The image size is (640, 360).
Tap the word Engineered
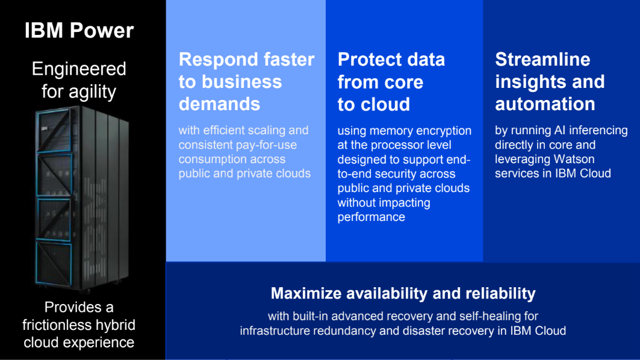pyautogui.click(x=79, y=69)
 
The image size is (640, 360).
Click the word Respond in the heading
pyautogui.click(x=214, y=60)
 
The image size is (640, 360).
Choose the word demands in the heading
pyautogui.click(x=219, y=104)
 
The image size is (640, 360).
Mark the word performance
pyautogui.click(x=371, y=217)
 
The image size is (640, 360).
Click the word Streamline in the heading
pyautogui.click(x=542, y=60)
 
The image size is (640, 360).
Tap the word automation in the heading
pyautogui.click(x=545, y=104)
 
